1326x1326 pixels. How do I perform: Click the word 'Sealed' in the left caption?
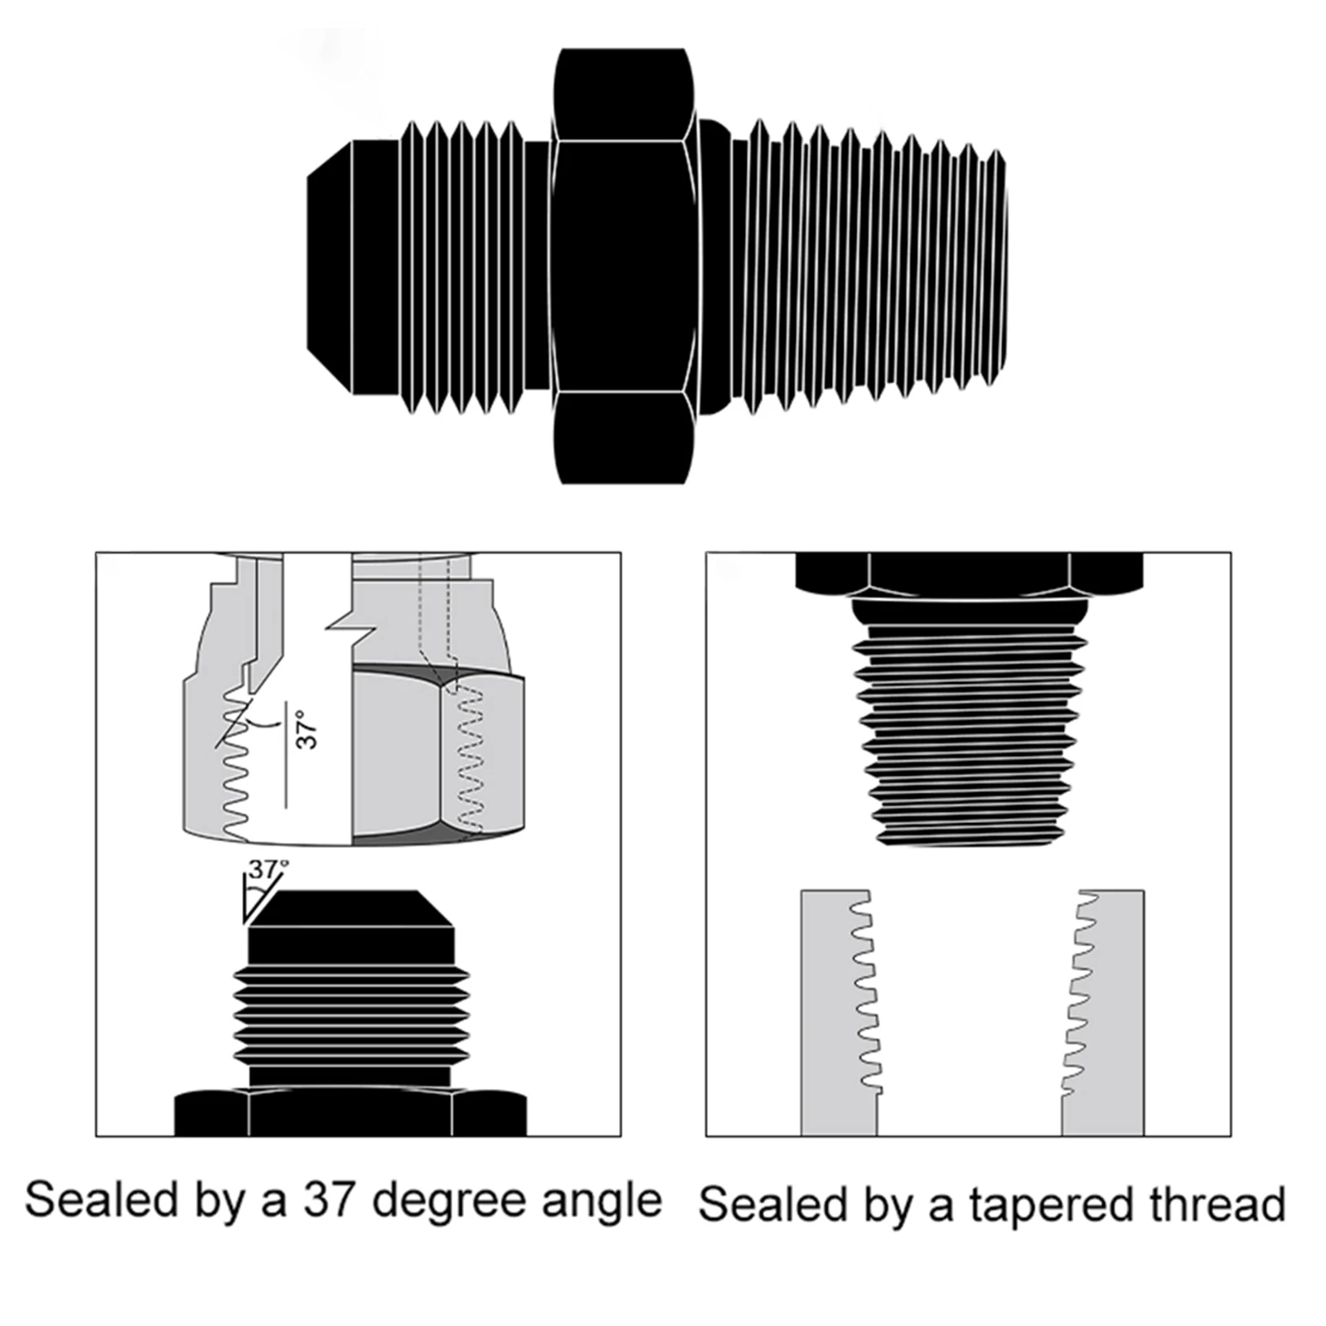point(101,1200)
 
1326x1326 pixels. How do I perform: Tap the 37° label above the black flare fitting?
point(267,869)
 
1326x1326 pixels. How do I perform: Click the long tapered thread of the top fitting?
point(870,265)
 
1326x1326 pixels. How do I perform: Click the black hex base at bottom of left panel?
point(350,1112)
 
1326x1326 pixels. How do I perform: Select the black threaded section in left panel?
point(351,1015)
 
